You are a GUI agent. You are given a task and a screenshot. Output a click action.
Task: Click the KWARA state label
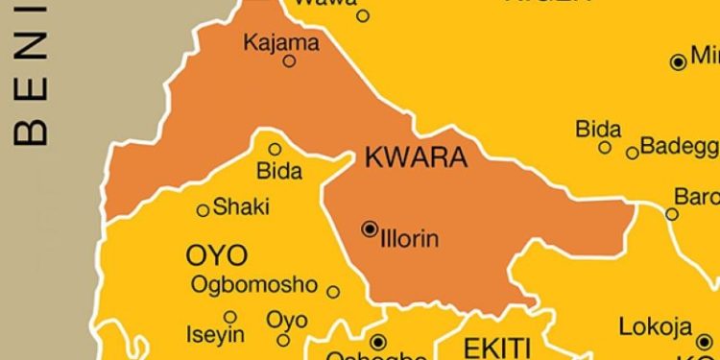pos(417,158)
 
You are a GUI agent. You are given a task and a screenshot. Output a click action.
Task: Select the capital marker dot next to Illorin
pos(370,228)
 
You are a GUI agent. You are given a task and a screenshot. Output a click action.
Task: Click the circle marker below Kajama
pos(289,61)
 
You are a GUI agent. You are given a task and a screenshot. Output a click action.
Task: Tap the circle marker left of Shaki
pos(203,210)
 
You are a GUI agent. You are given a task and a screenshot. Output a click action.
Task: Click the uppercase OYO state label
pos(216,255)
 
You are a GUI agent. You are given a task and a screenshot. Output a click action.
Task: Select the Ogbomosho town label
pos(253,284)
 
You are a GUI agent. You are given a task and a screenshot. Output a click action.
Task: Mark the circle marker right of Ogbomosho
pos(333,292)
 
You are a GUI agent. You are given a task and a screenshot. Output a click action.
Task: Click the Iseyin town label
pos(216,336)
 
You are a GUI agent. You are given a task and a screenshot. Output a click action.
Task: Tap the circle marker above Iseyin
pos(230,317)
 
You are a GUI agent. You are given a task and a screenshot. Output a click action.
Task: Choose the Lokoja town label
pos(655,326)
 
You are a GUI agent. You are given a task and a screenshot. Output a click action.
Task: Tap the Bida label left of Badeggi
pos(598,129)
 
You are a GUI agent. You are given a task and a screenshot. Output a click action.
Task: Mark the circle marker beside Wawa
pos(363,15)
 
